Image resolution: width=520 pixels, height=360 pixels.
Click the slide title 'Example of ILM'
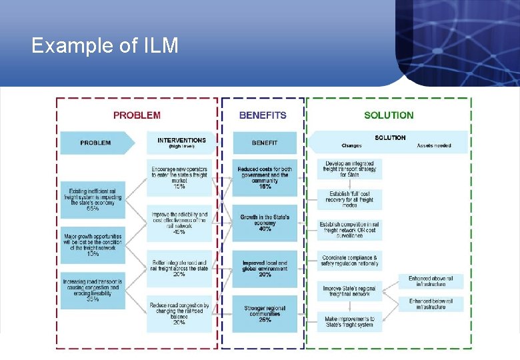point(105,46)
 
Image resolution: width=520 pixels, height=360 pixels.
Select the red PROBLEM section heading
point(137,115)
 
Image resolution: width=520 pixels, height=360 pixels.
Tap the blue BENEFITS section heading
point(263,115)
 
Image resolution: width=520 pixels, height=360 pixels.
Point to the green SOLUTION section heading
point(389,115)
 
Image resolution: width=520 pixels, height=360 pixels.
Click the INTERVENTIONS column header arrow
point(181,143)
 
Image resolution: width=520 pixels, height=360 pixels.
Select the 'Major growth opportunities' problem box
point(93,244)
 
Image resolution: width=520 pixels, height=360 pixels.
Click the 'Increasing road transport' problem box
point(93,290)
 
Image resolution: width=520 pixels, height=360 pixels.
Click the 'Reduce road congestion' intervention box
point(179,313)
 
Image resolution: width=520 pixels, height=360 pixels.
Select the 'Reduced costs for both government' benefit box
point(265,177)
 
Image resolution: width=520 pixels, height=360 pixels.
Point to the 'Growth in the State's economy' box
point(265,223)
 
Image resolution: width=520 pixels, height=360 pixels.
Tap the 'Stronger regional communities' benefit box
point(265,313)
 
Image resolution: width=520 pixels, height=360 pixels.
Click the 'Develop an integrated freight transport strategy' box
point(349,169)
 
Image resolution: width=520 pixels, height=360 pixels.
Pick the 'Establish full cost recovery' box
point(349,199)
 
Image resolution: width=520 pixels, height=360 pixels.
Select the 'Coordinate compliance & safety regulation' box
point(349,260)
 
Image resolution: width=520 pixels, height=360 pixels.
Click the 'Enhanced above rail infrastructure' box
point(431,281)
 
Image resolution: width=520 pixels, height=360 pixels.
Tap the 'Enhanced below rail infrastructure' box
point(431,304)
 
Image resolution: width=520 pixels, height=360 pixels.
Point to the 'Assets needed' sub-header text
point(434,146)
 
